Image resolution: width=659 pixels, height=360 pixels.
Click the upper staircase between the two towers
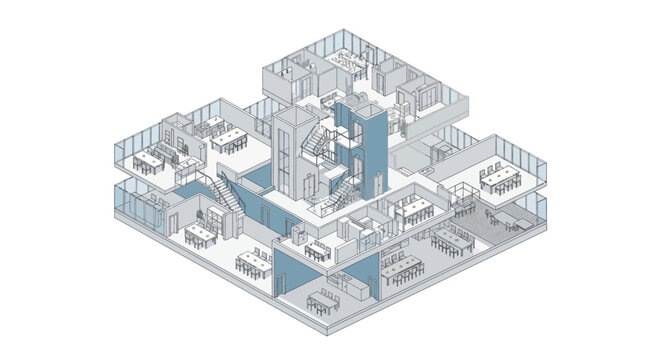point(323,139)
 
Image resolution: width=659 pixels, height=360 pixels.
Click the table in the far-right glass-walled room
point(501,178)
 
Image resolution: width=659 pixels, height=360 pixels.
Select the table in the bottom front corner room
point(323,297)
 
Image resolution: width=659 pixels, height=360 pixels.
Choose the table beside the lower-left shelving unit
point(200,233)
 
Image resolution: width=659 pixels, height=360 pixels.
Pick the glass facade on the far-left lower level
point(140,204)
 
